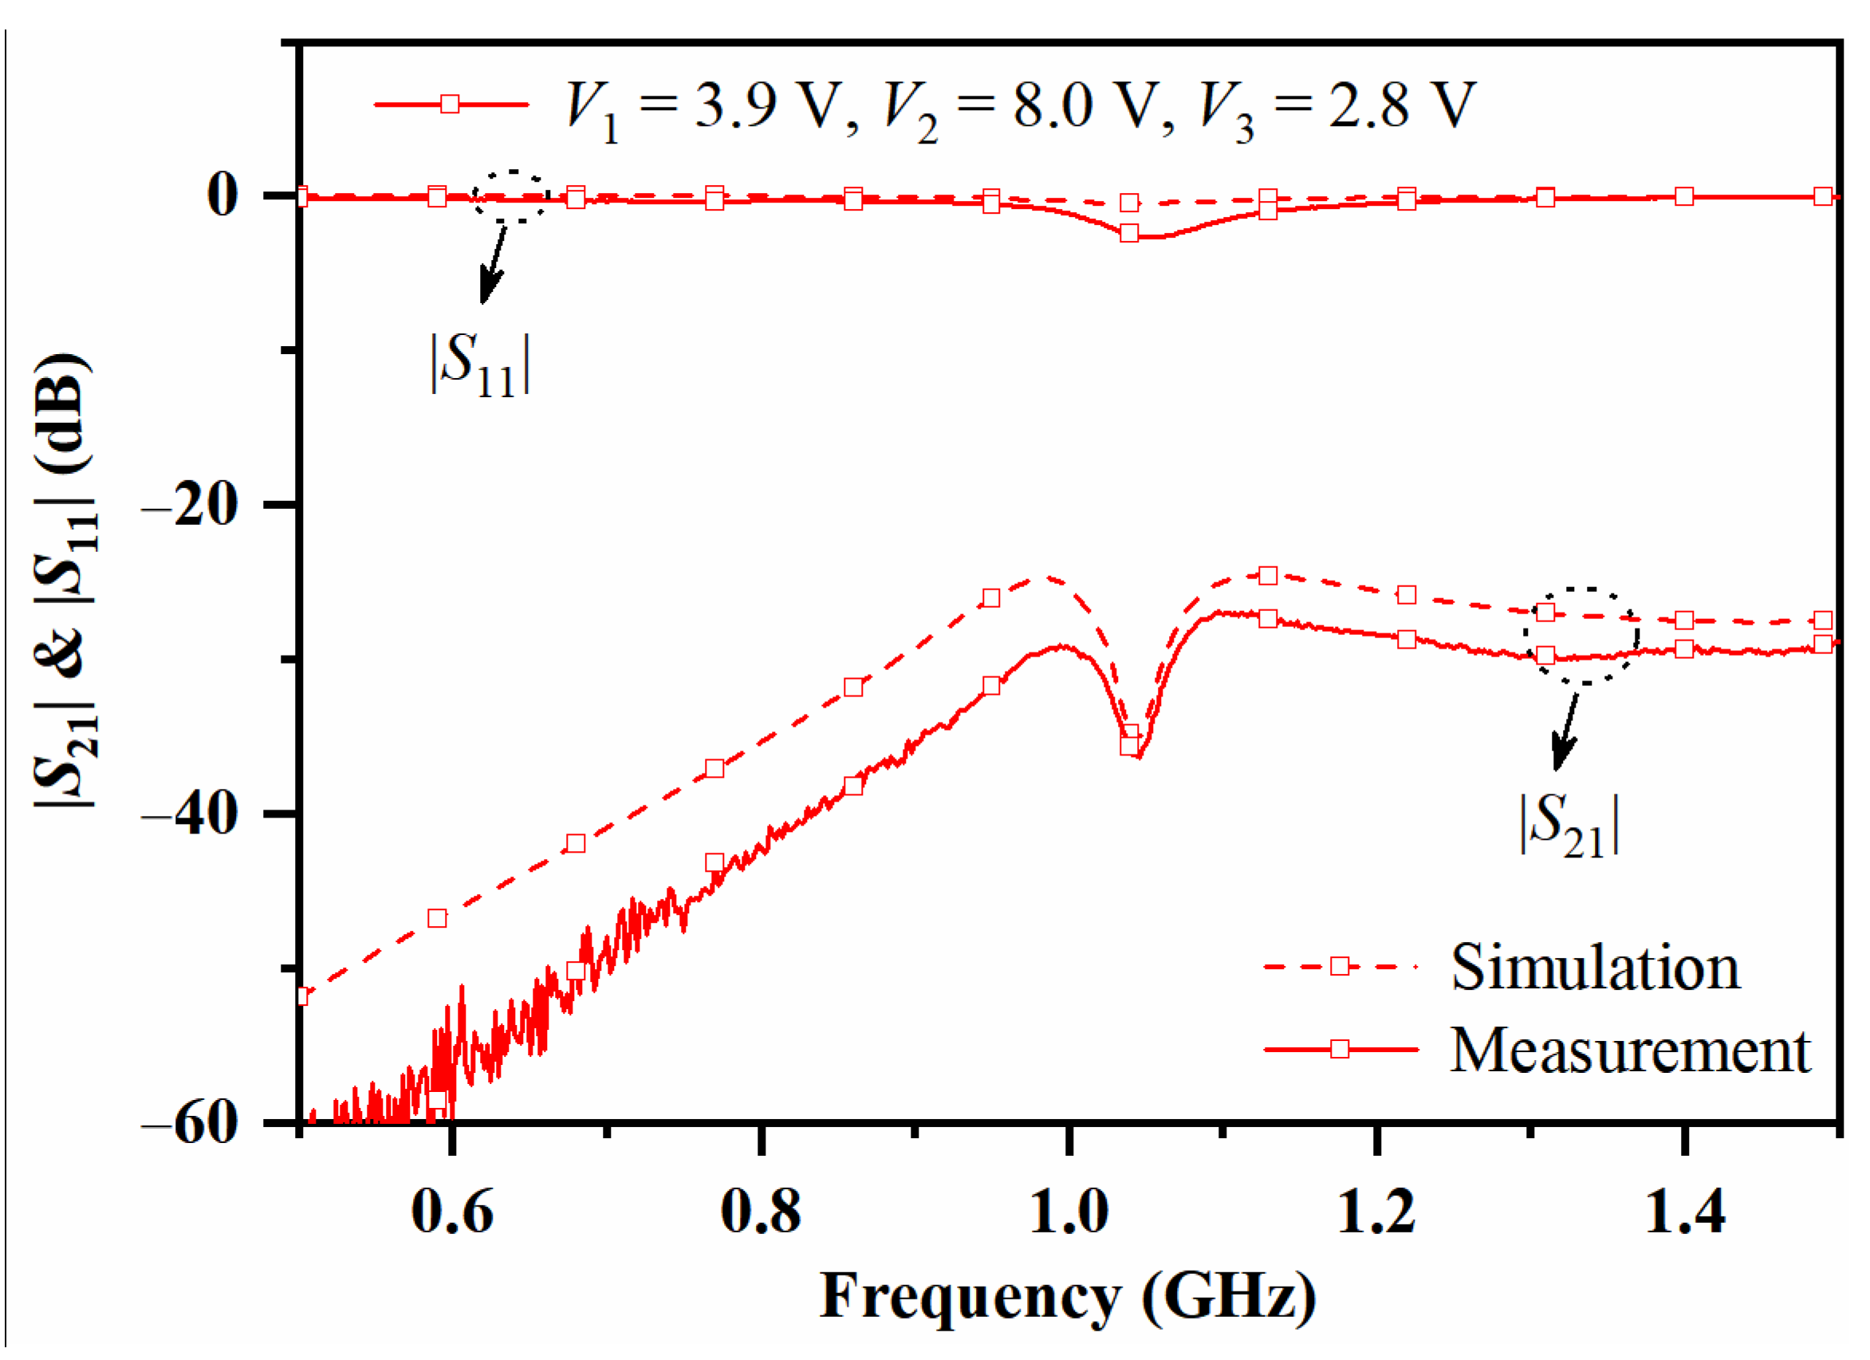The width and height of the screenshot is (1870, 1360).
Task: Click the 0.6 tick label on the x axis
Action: [x=452, y=1212]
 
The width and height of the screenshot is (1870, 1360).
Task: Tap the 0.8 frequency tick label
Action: [x=760, y=1212]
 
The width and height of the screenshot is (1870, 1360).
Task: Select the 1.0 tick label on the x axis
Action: [x=1069, y=1212]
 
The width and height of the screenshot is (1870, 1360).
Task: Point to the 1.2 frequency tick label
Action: [x=1376, y=1212]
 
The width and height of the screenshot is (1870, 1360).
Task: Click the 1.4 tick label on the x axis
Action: [x=1684, y=1212]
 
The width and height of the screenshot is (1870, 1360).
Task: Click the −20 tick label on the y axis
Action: [x=202, y=505]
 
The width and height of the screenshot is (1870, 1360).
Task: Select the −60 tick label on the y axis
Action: [x=202, y=1122]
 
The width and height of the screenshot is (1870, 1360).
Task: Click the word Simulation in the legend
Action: [x=1595, y=967]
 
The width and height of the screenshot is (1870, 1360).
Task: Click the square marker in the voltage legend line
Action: [x=450, y=104]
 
